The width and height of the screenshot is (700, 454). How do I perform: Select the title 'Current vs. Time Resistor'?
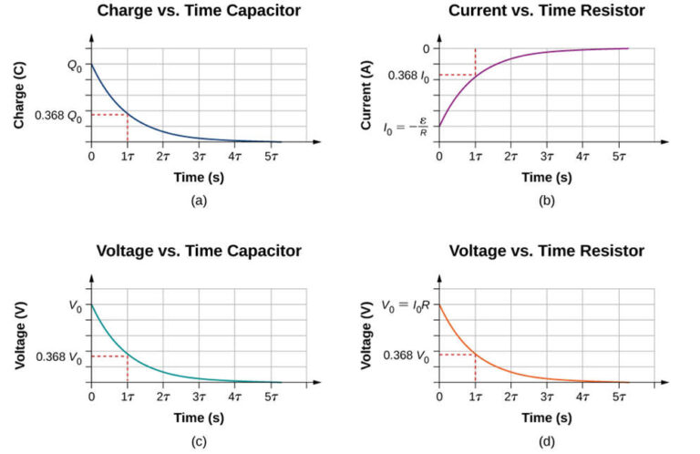coord(547,13)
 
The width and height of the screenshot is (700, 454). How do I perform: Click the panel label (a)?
coord(199,201)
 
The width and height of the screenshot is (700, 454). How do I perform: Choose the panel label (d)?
coord(547,442)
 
